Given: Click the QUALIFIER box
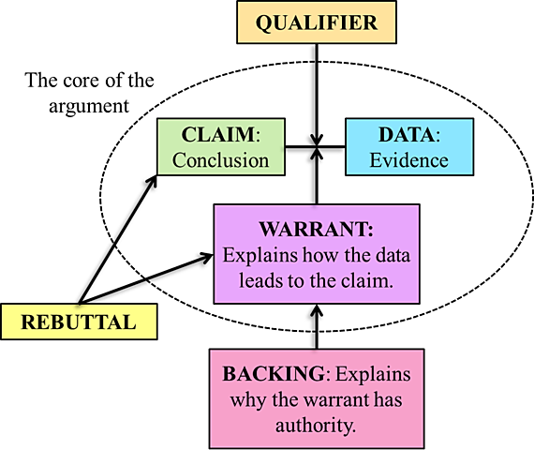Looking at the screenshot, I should (317, 22).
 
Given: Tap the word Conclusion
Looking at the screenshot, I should (221, 160).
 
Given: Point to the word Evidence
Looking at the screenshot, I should (408, 160).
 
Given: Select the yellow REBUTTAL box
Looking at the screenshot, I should (78, 322).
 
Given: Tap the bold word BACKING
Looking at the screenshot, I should (273, 373).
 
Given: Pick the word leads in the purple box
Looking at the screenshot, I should (247, 280).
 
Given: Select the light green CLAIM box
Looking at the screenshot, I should (221, 148).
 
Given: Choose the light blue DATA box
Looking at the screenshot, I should (408, 148).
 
